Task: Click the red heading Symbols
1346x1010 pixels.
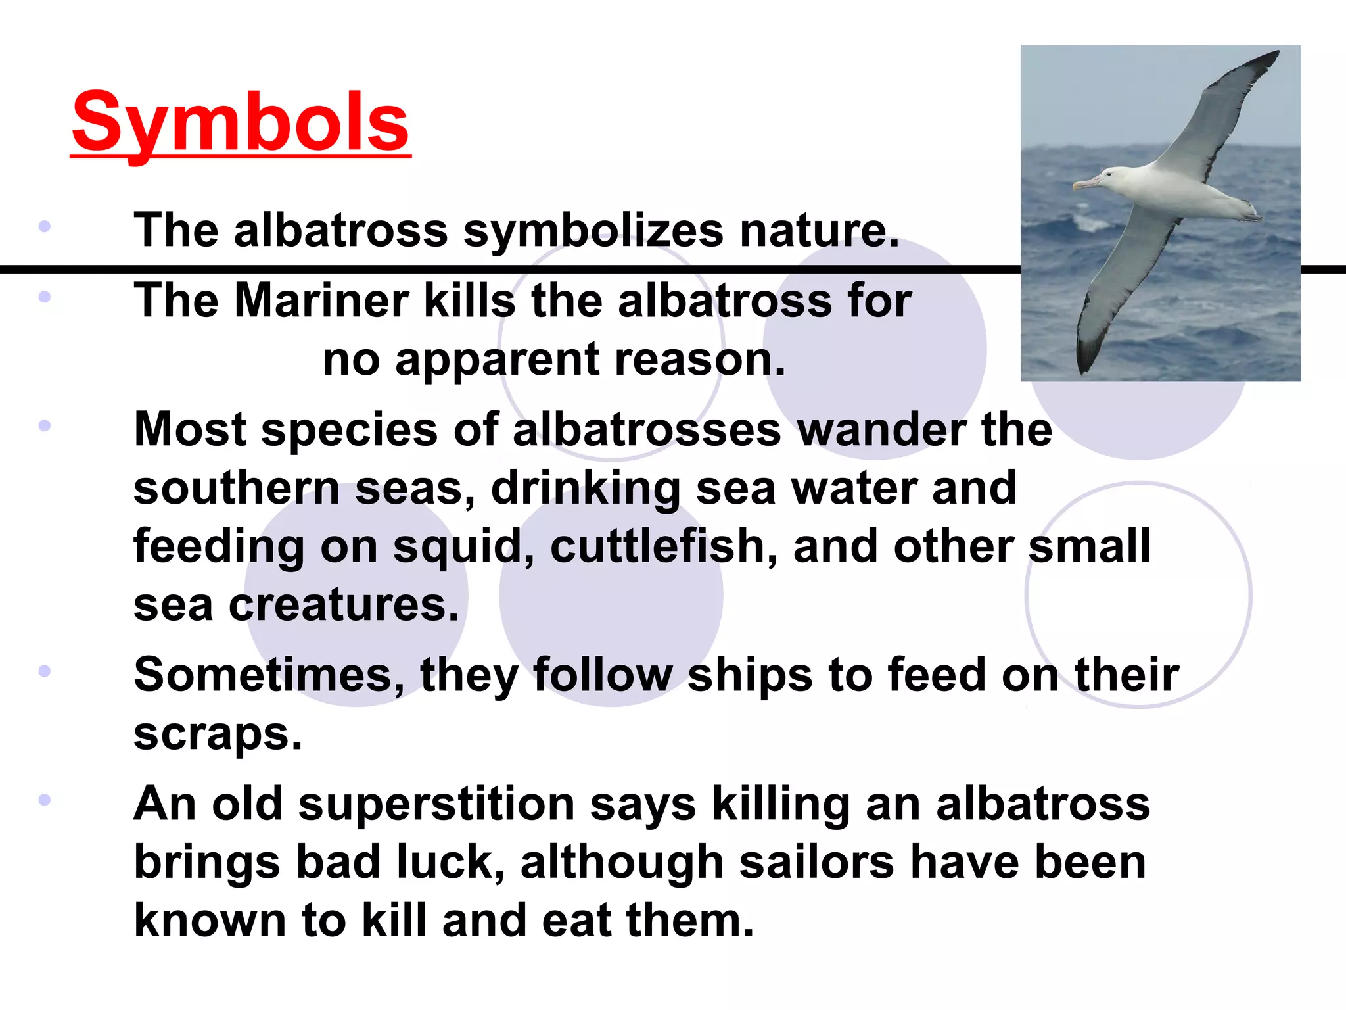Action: (x=241, y=122)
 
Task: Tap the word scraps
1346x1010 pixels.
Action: (x=218, y=734)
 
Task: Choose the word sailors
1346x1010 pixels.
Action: (x=816, y=862)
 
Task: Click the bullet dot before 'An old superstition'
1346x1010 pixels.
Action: (x=45, y=800)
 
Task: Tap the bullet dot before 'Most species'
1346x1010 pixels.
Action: (x=45, y=426)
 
